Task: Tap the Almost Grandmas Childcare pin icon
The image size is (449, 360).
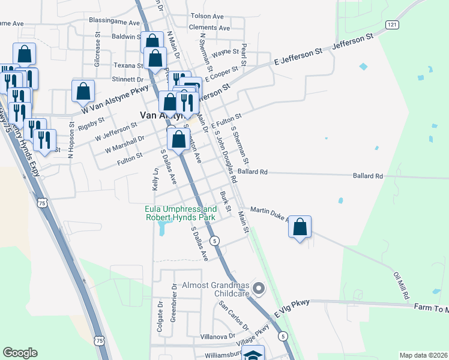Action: (x=259, y=289)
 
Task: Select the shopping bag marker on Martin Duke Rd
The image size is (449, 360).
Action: (x=300, y=227)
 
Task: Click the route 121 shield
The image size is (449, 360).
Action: (x=392, y=24)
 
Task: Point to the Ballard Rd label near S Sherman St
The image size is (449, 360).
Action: (x=252, y=172)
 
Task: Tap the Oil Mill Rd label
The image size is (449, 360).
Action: (x=401, y=286)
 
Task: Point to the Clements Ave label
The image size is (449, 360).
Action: (x=209, y=28)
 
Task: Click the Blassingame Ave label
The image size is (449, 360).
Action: (x=114, y=20)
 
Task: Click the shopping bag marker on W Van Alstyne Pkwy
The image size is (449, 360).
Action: (x=83, y=91)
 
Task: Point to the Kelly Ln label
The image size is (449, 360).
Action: (x=155, y=180)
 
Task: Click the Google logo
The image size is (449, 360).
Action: (x=20, y=353)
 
